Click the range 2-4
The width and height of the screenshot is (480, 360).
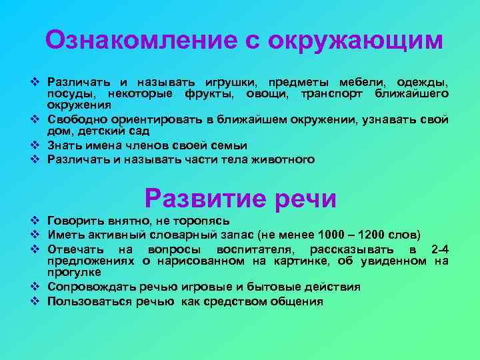(x=440, y=249)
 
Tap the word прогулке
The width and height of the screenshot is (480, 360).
(x=74, y=272)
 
